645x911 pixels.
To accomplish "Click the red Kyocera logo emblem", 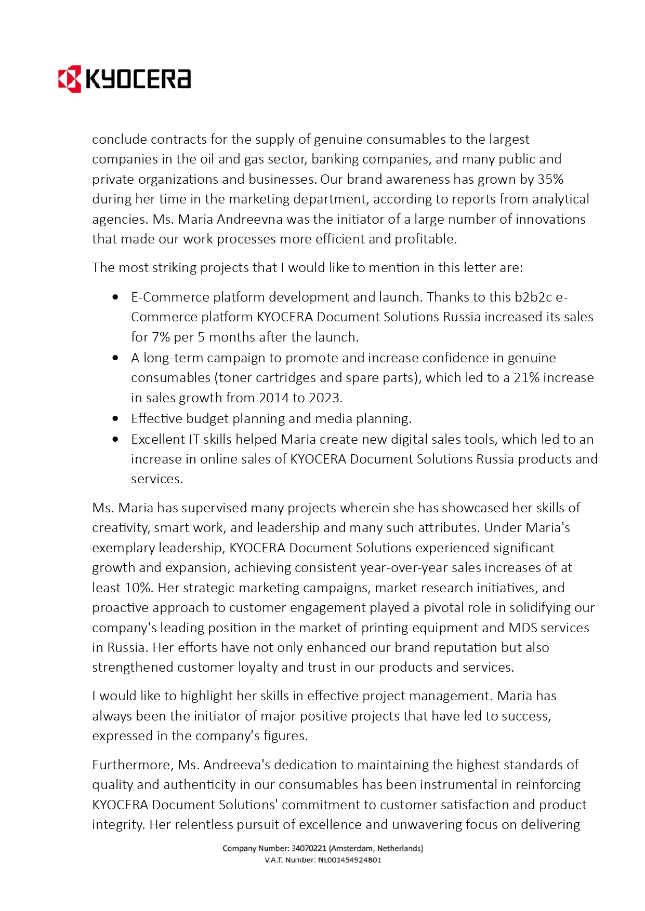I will [69, 79].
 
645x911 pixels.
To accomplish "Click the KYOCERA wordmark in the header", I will [138, 79].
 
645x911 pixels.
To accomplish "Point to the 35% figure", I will [550, 179].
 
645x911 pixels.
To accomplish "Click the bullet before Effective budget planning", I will [115, 418].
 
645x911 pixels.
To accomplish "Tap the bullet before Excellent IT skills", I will [115, 439].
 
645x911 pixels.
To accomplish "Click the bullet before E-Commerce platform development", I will [115, 297].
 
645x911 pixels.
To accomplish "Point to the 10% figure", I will [138, 588].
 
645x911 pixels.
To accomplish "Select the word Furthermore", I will [133, 765].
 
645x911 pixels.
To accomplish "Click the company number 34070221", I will [309, 848].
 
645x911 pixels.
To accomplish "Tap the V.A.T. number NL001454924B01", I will [349, 860].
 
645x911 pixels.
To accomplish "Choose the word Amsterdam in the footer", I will [352, 848].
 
